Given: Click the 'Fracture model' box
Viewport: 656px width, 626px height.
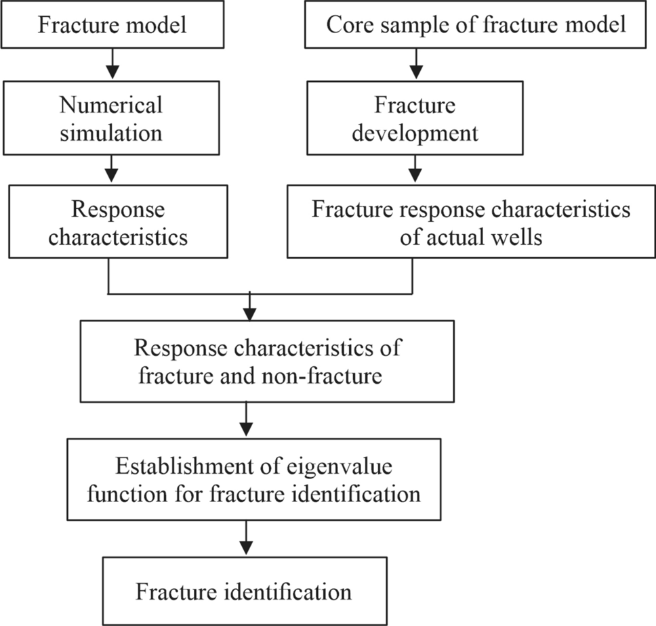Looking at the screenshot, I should (111, 25).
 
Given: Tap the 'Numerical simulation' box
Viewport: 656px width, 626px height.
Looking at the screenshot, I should (111, 118).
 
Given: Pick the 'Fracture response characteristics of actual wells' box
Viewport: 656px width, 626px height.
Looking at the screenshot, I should (471, 223).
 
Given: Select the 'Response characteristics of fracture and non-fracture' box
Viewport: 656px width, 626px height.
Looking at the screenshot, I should (267, 361).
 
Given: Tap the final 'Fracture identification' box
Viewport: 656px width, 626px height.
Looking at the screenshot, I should (245, 591).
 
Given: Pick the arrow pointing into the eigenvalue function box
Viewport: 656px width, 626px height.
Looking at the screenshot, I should (247, 421).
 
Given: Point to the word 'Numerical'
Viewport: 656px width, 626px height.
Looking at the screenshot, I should (111, 106).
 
